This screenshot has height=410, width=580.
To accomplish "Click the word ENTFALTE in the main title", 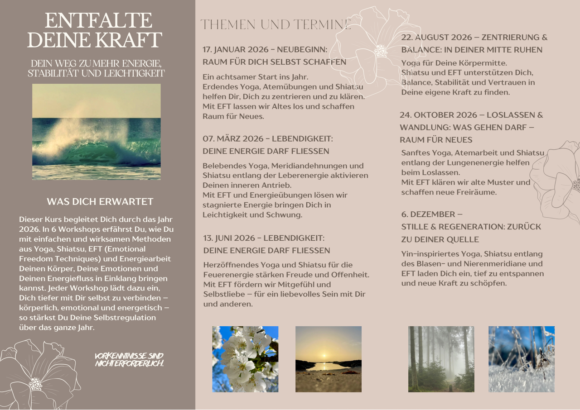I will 98,21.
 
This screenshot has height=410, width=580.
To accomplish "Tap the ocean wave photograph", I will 96,132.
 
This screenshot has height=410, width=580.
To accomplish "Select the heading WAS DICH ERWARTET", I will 100,201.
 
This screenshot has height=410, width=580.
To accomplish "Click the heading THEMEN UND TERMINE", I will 275,24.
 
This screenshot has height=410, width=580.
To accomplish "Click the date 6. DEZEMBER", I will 428,214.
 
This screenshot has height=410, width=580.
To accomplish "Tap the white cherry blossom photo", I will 245,359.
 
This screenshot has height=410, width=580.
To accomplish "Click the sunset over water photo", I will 329,359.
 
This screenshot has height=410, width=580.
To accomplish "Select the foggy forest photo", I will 441,359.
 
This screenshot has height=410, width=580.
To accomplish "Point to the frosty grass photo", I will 521,359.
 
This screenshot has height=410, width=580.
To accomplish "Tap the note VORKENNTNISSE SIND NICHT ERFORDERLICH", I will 129,360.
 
